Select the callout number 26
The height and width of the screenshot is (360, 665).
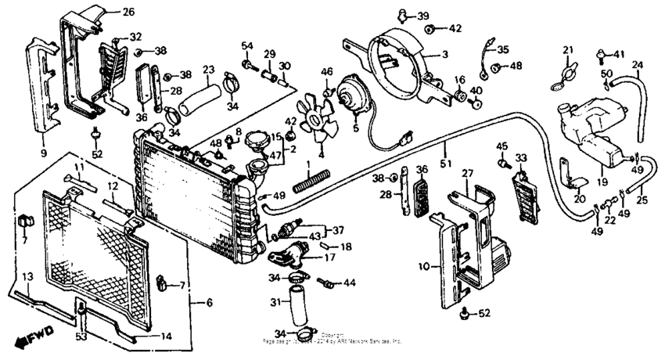pyautogui.click(x=128, y=12)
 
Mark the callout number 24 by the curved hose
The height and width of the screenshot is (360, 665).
pyautogui.click(x=637, y=64)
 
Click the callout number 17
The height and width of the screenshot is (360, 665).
pyautogui.click(x=330, y=256)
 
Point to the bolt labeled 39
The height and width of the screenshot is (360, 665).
pyautogui.click(x=402, y=13)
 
